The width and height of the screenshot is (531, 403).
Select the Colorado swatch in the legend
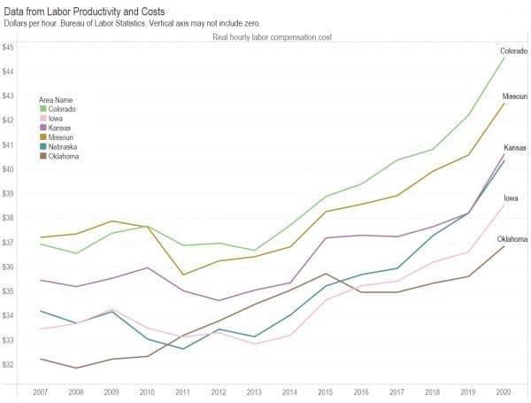coord(44,109)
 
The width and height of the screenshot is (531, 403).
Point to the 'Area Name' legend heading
coord(60,99)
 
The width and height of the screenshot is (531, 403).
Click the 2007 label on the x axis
coord(38,391)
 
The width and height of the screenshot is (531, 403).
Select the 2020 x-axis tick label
coord(504,391)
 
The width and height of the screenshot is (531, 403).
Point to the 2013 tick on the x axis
coord(253,391)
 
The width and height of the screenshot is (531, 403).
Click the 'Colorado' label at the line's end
coord(514,51)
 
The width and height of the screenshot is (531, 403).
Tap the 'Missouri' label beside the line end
coord(515,96)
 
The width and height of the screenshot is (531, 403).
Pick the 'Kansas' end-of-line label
coord(516,147)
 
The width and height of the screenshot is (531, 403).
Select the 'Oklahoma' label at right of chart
coord(512,239)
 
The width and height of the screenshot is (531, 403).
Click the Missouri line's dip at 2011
coord(181,275)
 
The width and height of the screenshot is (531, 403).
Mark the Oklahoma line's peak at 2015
coord(325,274)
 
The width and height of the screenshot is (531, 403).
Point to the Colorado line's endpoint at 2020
coord(504,58)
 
